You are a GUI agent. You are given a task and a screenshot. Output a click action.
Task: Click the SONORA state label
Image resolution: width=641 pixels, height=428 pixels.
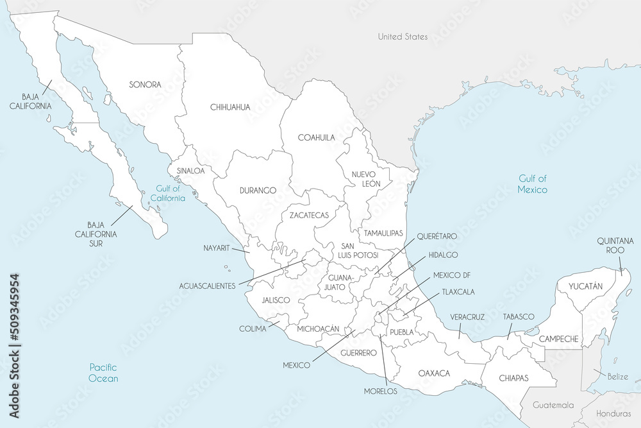pos(144,85)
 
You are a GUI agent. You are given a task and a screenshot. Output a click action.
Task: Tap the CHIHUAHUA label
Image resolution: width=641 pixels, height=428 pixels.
pos(230,107)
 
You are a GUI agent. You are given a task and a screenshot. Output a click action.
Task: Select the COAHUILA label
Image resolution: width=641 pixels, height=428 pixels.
pos(316,137)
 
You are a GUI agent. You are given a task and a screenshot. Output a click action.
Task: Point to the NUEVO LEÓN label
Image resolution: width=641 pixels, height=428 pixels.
pos(366,179)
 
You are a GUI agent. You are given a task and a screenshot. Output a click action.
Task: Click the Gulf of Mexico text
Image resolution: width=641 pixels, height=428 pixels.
pos(533,184)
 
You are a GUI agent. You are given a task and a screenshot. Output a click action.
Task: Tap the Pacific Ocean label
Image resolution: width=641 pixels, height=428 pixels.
pos(104,373)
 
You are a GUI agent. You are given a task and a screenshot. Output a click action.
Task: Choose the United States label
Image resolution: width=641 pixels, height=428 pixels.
pos(403,37)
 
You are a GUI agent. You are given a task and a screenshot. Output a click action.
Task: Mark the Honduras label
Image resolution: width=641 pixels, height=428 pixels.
pos(614,415)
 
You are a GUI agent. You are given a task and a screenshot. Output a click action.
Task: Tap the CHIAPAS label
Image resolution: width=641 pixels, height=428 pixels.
pos(513,378)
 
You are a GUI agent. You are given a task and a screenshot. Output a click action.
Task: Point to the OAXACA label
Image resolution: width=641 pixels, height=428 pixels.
pos(434,373)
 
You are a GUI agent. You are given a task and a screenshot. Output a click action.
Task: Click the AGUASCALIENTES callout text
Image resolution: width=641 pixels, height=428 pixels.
pos(207,286)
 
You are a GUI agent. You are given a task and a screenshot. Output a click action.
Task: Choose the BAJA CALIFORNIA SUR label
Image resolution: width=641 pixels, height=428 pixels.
pos(103,235)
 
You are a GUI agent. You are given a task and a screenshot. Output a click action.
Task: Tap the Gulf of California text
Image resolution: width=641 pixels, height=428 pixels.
pos(170,193)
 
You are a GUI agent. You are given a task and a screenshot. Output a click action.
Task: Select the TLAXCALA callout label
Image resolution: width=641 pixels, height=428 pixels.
pos(458,292)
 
